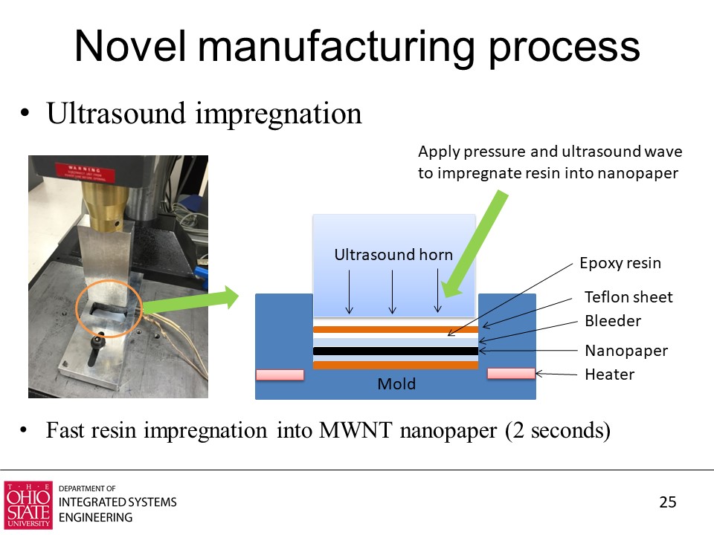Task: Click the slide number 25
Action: pos(668,502)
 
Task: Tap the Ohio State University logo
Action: pos(28,505)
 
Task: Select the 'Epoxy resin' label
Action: pos(620,263)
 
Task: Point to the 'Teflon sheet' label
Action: pos(628,297)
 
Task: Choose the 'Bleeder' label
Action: pos(613,321)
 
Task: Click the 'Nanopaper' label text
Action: pos(626,350)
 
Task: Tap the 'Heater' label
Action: pos(609,374)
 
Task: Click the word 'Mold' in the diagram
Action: pos(396,384)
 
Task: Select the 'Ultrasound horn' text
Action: pos(393,255)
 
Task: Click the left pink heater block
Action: pos(280,374)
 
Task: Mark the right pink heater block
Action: pos(511,373)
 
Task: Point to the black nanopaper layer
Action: pos(395,351)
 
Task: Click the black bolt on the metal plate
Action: pos(96,350)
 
